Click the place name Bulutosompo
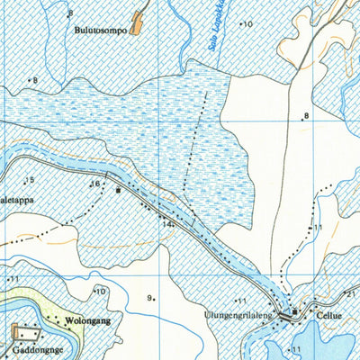[100, 28]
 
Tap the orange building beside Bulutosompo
[138, 22]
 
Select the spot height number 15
[30, 181]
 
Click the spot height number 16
[94, 184]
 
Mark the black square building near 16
[118, 190]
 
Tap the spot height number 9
[148, 298]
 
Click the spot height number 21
[352, 293]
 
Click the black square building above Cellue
[294, 311]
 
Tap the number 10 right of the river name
[247, 24]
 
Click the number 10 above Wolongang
[101, 291]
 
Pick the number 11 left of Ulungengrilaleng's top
[241, 301]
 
